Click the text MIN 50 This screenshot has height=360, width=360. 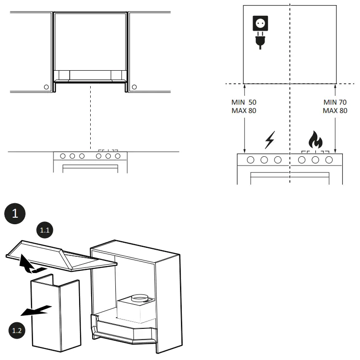(244, 102)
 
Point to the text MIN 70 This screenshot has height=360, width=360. (335, 102)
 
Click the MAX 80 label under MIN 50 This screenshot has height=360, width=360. (244, 111)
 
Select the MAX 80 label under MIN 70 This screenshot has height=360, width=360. (335, 111)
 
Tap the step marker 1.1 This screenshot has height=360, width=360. (45, 230)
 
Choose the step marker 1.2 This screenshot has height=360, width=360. (17, 331)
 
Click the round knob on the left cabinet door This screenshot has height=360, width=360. (46, 87)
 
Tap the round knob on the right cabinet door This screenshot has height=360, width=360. (134, 87)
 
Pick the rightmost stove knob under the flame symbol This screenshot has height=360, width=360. (329, 160)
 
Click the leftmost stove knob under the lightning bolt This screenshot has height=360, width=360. (251, 160)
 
